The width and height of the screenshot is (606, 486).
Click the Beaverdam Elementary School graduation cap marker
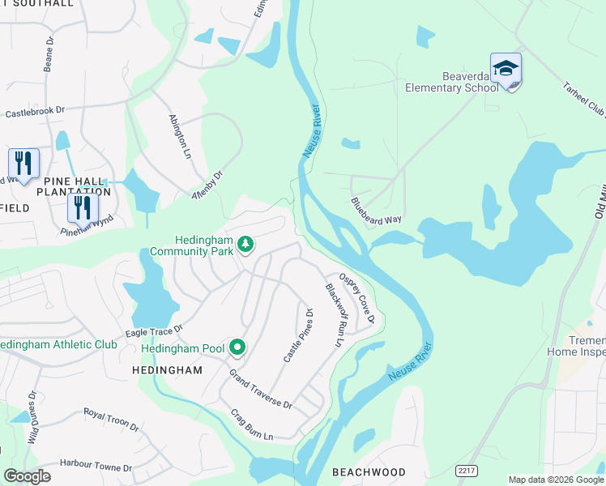(506, 70)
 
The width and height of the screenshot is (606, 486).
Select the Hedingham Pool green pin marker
(237, 348)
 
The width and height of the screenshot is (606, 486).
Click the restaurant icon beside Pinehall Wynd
(83, 207)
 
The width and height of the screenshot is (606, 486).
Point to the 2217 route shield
(466, 470)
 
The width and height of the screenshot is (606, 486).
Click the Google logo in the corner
(27, 476)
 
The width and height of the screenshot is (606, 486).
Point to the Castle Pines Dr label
(297, 335)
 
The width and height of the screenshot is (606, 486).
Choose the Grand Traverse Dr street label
(261, 389)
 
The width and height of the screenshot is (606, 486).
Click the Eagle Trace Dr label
(155, 330)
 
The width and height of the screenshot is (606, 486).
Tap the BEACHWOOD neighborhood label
(369, 471)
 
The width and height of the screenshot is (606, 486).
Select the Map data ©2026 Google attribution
(555, 480)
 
